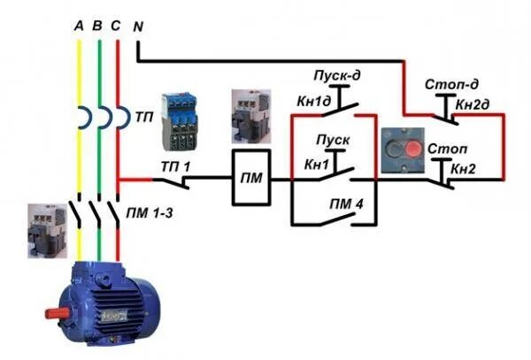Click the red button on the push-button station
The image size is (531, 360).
[x=412, y=147]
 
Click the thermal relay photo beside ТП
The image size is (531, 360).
[x=180, y=121]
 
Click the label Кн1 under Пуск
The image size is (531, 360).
[x=316, y=165]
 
